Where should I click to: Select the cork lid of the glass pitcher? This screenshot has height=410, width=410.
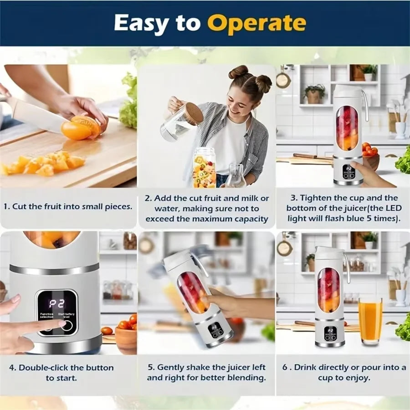click(194, 114)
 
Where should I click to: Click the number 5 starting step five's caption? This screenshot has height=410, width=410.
click(149, 368)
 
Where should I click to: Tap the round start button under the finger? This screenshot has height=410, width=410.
click(67, 326)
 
